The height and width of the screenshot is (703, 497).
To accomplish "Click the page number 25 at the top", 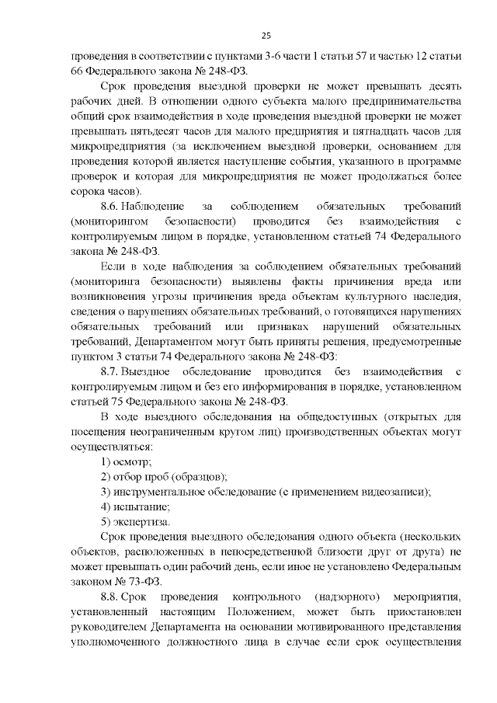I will click(265, 35).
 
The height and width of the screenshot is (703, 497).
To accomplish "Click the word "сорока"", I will click(85, 191).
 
